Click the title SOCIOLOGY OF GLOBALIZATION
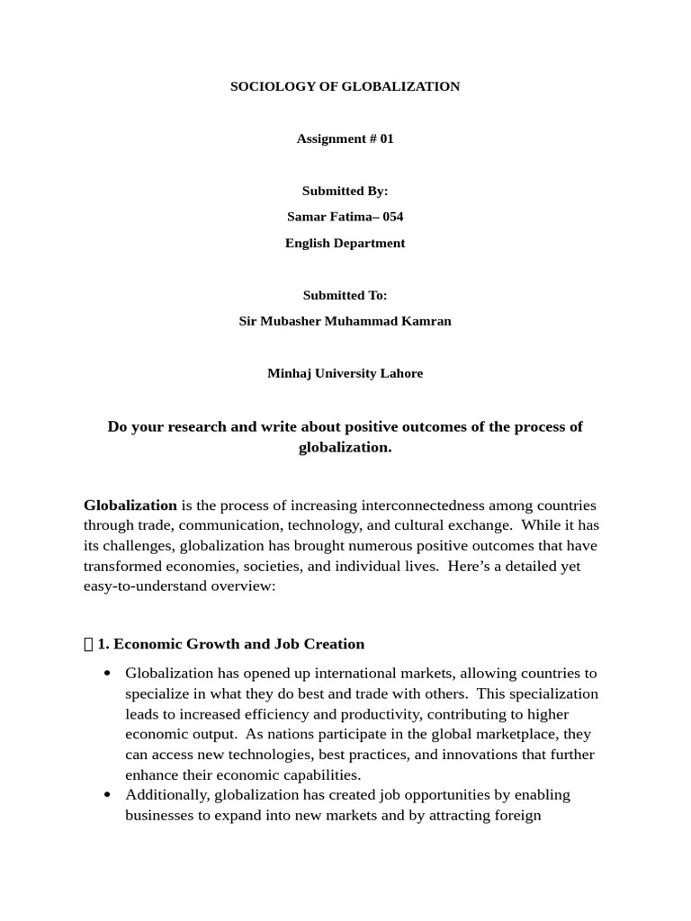[x=345, y=86]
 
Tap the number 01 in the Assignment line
[x=386, y=139]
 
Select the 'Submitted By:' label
[x=345, y=191]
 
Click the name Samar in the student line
[x=304, y=217]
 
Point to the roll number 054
[x=392, y=217]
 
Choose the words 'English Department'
[x=345, y=243]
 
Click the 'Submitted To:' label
[x=345, y=295]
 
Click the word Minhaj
[x=288, y=373]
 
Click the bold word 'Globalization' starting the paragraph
[x=130, y=505]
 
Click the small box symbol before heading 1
[x=88, y=644]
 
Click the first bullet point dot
[x=108, y=674]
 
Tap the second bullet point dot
[x=108, y=795]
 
